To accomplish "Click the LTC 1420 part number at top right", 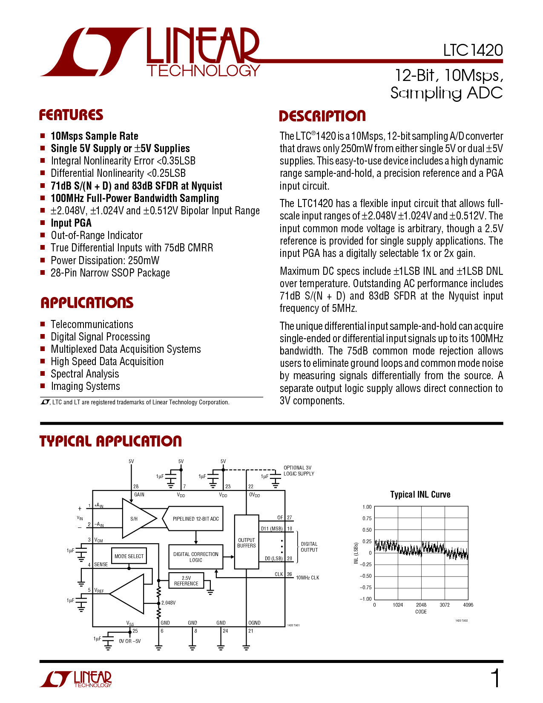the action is (473, 50).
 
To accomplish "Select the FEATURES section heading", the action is (71, 115).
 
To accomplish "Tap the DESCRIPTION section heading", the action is (322, 116).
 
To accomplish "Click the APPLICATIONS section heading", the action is (87, 303).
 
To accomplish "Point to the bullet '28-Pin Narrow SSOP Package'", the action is (110, 273).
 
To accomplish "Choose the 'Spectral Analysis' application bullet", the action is (85, 374).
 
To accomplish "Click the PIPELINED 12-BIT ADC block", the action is (193, 519).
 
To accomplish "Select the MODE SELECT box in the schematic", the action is (129, 556).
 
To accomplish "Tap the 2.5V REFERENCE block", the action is (186, 581).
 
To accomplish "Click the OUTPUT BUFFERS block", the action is (247, 542).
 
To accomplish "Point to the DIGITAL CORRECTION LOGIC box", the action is (195, 557).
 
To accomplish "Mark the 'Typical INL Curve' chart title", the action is (420, 495).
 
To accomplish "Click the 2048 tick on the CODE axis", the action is (421, 605).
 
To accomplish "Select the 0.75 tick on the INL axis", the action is (367, 519).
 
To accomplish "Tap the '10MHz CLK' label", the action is (307, 578).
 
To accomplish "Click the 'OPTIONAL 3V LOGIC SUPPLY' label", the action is (299, 471).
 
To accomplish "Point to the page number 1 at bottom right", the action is (496, 678).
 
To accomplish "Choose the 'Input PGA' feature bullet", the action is (71, 223).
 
